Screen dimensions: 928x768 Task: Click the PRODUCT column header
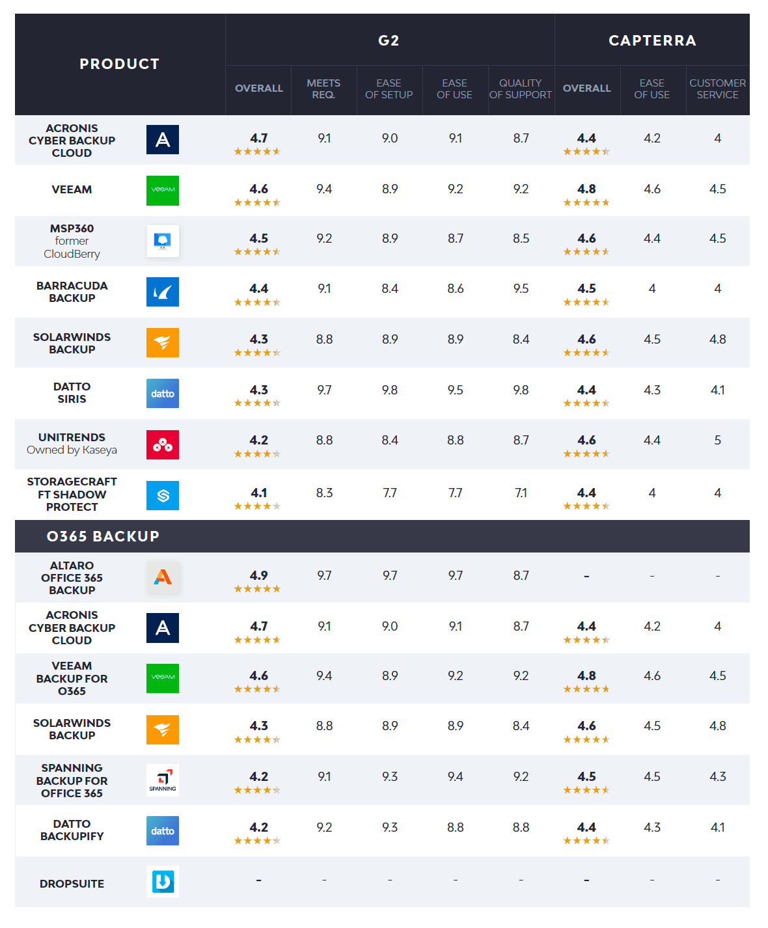point(120,64)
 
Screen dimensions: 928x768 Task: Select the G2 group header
point(389,40)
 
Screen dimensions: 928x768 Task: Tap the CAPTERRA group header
point(652,40)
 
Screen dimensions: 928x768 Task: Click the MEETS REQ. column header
point(323,89)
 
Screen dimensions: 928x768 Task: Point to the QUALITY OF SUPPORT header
point(521,89)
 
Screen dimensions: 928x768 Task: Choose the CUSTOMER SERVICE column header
point(717,89)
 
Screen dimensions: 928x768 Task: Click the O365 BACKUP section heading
point(103,536)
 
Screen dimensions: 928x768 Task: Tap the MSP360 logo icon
point(163,241)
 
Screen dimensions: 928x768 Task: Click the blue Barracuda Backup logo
point(163,292)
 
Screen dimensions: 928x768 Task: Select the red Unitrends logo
point(163,444)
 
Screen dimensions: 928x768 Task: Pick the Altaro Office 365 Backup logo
point(163,577)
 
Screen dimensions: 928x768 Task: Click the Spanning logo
point(163,780)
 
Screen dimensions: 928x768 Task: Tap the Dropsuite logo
point(163,882)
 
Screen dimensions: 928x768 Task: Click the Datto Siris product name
point(72,393)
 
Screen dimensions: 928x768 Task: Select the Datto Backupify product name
point(72,830)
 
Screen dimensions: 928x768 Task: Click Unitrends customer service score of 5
point(717,441)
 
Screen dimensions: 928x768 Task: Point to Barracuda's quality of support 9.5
point(521,288)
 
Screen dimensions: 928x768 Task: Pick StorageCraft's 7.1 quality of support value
point(521,493)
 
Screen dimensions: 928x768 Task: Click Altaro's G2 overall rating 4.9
point(258,576)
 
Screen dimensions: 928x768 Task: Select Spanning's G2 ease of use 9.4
point(455,776)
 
